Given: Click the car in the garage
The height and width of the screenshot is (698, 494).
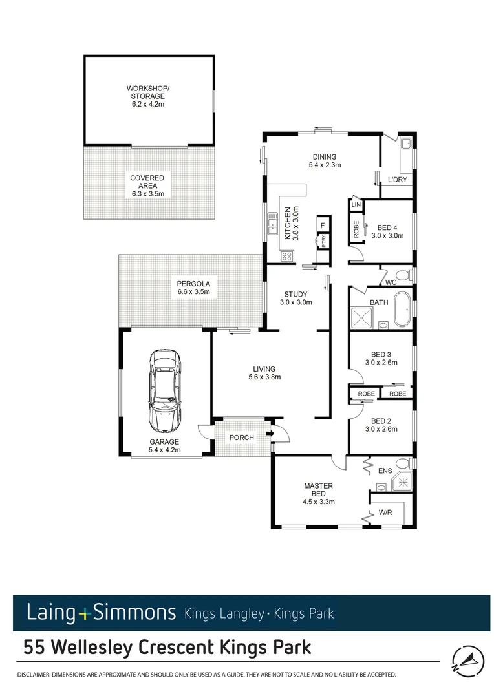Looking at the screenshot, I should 166,392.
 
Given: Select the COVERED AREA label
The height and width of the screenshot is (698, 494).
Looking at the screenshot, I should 147,185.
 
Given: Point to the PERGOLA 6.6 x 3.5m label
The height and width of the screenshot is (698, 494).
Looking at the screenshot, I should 195,288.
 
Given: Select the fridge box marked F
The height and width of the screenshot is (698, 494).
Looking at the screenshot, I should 322,225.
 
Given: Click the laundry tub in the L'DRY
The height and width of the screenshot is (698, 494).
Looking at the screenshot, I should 407,143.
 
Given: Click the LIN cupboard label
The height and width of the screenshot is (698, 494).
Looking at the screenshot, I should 356,205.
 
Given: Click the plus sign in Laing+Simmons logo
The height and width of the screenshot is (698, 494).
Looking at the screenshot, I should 85,612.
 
